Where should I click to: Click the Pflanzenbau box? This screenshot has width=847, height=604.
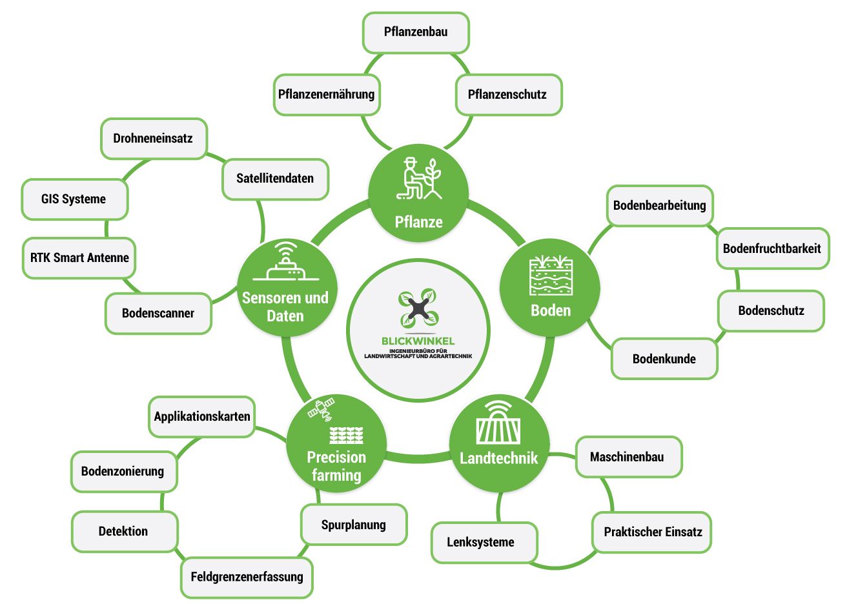(416, 32)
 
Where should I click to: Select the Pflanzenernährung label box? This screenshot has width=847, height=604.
(326, 94)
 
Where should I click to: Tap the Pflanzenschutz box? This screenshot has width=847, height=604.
(507, 94)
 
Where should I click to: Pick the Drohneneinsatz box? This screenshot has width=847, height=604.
(153, 138)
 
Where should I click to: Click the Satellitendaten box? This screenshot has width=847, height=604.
(275, 179)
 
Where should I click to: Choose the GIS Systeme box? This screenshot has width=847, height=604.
(74, 199)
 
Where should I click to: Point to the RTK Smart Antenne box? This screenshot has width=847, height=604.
(79, 257)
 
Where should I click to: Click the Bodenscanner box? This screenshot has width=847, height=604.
(158, 314)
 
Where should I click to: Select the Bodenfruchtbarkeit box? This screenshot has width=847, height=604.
(772, 248)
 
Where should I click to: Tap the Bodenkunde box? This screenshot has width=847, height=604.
(664, 359)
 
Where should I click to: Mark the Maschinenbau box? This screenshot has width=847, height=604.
(627, 457)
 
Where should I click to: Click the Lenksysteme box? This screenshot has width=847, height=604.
(481, 542)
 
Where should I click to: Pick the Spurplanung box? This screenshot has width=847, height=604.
(354, 525)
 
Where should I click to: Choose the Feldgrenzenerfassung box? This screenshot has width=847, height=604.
(247, 576)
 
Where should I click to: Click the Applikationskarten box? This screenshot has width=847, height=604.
(202, 416)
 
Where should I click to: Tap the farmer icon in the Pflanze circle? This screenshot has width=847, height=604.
(419, 178)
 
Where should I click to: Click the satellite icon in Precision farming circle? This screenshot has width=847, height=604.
(321, 409)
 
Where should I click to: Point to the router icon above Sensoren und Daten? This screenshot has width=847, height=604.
(285, 263)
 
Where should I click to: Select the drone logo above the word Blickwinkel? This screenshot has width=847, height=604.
(418, 308)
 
